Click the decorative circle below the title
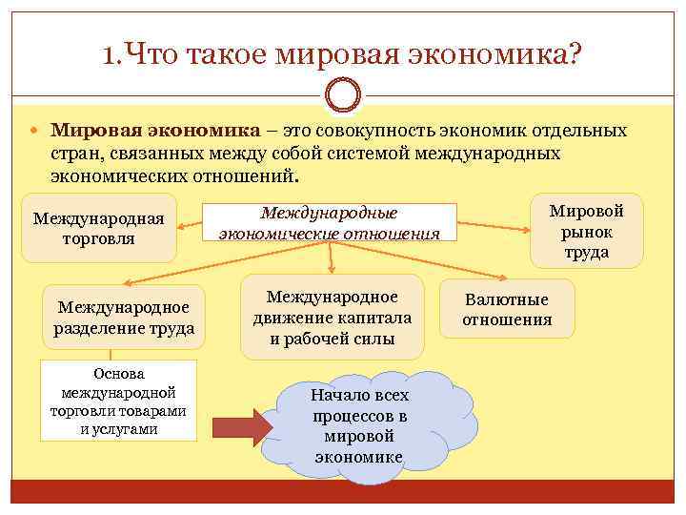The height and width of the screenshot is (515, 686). click(x=343, y=95)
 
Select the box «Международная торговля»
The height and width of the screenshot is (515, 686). click(x=98, y=228)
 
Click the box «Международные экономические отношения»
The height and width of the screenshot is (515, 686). click(x=329, y=222)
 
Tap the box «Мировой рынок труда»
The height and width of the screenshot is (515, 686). click(x=587, y=231)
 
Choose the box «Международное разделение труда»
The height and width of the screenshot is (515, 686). click(x=124, y=318)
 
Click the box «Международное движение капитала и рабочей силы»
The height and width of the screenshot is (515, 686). click(x=332, y=317)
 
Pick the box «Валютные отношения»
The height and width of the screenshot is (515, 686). click(x=507, y=309)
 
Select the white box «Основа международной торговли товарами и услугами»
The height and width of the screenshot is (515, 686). click(x=119, y=401)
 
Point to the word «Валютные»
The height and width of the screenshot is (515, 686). click(x=507, y=299)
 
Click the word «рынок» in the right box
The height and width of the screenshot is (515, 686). click(x=587, y=232)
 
